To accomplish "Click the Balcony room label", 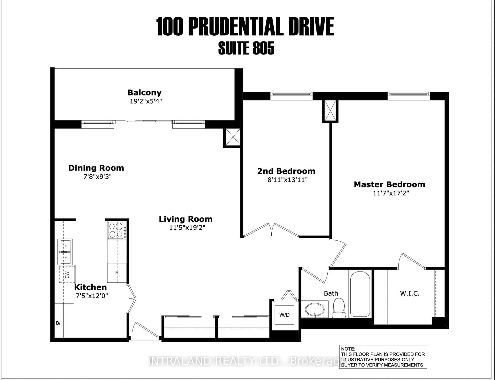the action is (x=144, y=93).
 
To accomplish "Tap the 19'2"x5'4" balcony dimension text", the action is (x=146, y=101).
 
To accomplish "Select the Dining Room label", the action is (x=96, y=168).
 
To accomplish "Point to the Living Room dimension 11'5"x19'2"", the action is (x=186, y=228).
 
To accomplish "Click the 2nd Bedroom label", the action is (x=286, y=171).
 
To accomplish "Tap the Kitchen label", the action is (x=90, y=287).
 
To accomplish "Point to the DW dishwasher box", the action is (x=67, y=275).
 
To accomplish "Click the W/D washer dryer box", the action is (x=284, y=315).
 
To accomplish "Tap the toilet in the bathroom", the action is (x=339, y=308).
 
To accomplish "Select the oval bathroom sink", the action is (x=315, y=310).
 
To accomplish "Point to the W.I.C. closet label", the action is (x=410, y=293).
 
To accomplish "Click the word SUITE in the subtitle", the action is (x=231, y=49).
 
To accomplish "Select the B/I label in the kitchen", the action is (x=59, y=323).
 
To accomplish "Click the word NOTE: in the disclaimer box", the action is (x=349, y=349).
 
